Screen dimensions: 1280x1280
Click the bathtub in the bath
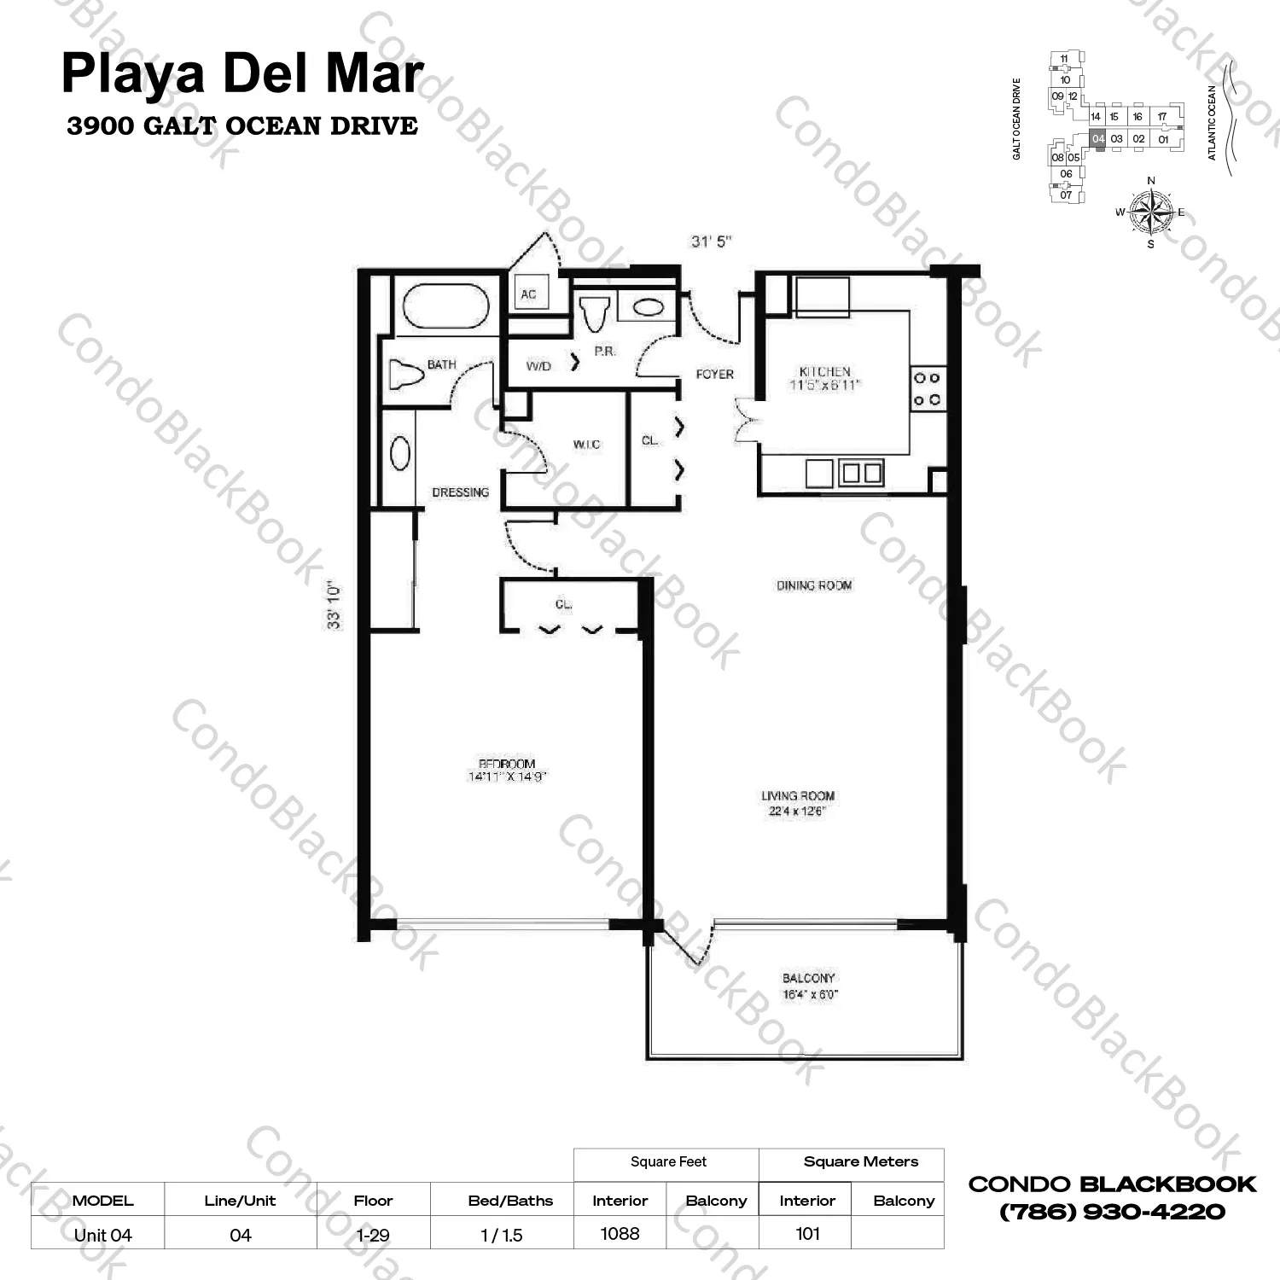(445, 306)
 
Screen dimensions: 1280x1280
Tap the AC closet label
(528, 294)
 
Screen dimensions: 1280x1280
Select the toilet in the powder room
(595, 312)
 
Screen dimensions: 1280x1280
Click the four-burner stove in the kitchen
(927, 388)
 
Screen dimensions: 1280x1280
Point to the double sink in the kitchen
(861, 473)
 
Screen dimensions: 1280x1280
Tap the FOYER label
(714, 374)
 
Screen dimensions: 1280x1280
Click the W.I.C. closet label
(586, 445)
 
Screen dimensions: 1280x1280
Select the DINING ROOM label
(814, 585)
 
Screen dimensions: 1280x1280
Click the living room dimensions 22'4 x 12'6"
(797, 812)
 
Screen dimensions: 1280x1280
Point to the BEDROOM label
(507, 764)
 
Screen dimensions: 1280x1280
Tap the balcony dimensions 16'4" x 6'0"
(810, 995)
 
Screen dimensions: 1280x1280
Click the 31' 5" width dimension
(711, 241)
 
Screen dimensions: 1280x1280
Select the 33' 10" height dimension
(334, 606)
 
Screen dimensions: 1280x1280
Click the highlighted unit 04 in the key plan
(1098, 139)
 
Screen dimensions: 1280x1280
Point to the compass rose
(1150, 211)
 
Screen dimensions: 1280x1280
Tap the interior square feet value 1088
(620, 1233)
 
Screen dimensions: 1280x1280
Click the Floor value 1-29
(373, 1235)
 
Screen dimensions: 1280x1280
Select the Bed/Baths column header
(510, 1201)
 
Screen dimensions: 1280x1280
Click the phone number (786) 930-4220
(1112, 1212)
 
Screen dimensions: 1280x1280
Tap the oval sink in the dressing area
(399, 453)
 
